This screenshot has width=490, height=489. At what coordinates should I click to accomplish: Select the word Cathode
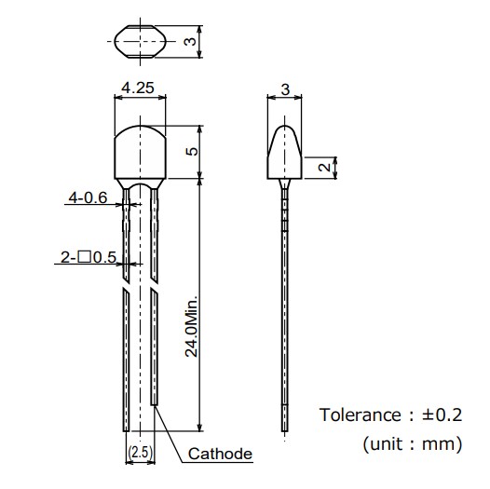coord(220,455)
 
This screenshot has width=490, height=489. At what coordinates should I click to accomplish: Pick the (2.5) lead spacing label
coord(139,453)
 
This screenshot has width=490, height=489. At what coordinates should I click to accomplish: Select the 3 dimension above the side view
coord(284,90)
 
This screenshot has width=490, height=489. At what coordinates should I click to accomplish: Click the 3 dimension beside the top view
coord(189,41)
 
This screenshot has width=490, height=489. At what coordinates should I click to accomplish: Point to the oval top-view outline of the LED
coord(139,41)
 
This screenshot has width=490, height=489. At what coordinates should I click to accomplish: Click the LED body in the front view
coord(139,154)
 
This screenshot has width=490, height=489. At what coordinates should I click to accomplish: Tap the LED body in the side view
coord(284,154)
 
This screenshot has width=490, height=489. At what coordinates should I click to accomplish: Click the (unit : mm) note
coord(412,444)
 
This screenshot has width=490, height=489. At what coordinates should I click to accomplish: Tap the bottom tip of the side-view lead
coord(284,430)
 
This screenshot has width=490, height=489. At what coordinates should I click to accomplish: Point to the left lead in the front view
coord(128,354)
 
